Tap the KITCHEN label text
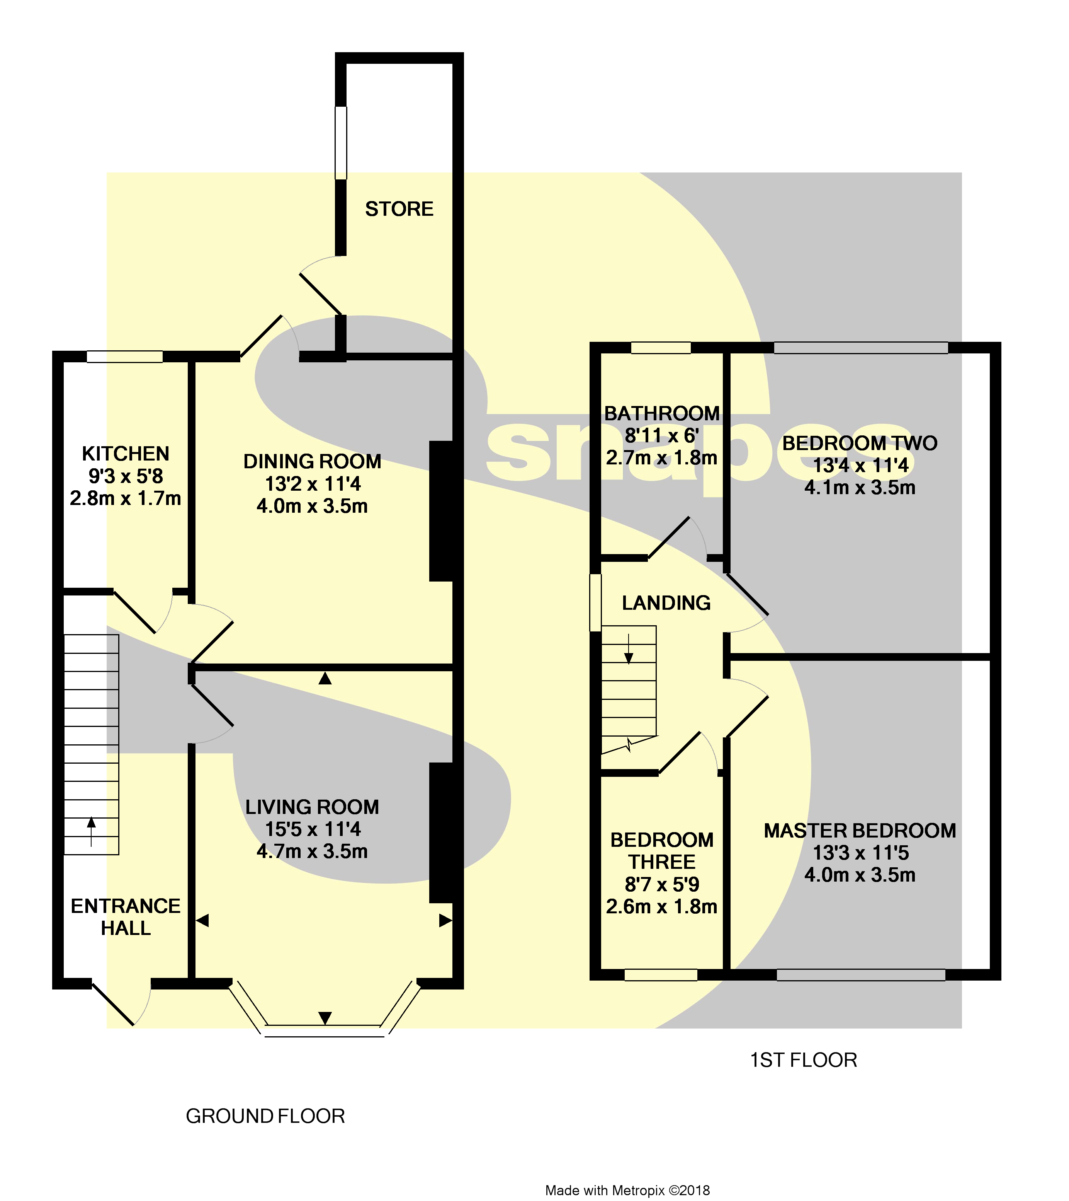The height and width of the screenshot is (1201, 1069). point(126,454)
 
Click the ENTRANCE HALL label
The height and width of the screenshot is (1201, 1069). point(126,917)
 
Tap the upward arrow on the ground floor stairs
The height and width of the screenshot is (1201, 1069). point(91,830)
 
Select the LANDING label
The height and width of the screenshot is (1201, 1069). point(666,603)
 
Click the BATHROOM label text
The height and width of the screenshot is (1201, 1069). point(662,414)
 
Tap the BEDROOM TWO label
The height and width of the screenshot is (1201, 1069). point(860,443)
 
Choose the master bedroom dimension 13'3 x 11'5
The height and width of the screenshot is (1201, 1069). point(860,853)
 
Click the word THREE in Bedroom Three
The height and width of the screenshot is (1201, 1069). point(662,862)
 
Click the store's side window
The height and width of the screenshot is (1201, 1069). point(341,142)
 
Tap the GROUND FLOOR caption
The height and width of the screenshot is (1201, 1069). point(265,1116)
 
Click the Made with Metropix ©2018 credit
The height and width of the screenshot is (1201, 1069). point(627,1191)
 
